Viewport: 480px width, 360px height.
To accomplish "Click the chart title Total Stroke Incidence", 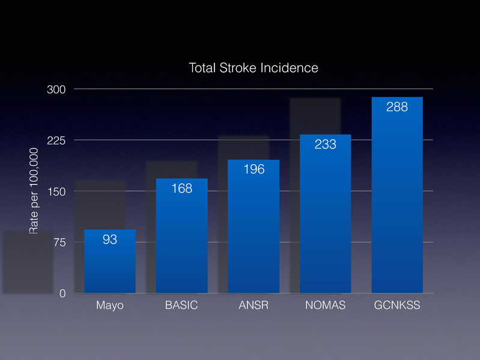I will coord(253,68).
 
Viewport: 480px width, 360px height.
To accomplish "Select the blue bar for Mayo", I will coord(109,264).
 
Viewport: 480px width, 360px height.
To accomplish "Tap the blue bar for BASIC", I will coord(181,240).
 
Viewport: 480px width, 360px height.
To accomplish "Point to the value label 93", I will coord(109,240).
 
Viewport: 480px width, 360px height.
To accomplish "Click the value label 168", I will coord(181,189).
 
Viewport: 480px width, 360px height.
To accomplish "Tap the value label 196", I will coord(254,169).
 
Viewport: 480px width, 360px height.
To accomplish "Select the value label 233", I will coord(325,144).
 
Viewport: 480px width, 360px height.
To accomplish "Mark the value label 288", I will coord(397,107).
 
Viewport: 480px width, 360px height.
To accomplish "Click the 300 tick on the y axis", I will coord(56,90).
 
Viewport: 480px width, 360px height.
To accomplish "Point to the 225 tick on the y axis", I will coord(56,141).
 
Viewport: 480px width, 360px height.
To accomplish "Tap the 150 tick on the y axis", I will coord(56,192).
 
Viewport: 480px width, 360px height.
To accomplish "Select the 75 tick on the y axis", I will coord(59,243).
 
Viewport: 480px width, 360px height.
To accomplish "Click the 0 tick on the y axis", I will coord(62,294).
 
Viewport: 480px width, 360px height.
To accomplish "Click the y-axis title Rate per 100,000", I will coord(34,192).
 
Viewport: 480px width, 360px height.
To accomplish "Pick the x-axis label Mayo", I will coord(109,305).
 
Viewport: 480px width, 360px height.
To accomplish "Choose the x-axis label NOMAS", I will coord(325,305).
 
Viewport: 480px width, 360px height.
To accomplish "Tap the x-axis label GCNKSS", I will coord(397,305).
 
